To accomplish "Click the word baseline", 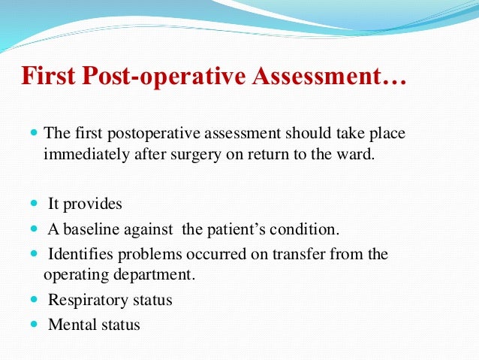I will [x=89, y=228].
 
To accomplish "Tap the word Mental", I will [x=69, y=325].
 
